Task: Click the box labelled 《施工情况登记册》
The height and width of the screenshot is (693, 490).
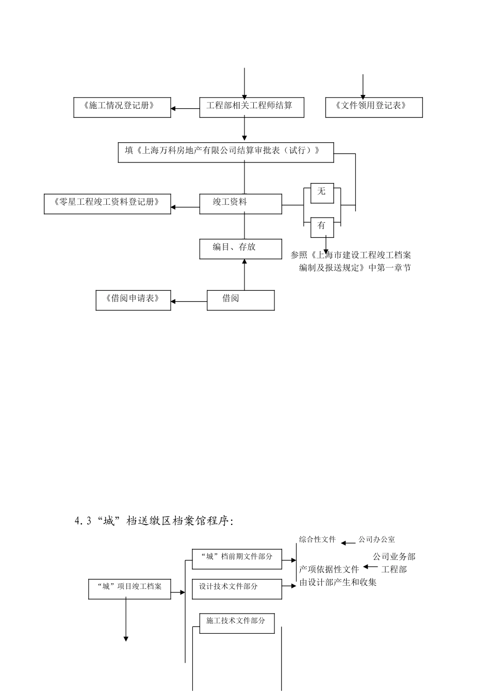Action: coord(122,107)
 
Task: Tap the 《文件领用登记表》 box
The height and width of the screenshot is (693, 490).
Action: coord(374,107)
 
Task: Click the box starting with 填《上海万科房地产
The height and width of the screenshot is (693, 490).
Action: coord(225,152)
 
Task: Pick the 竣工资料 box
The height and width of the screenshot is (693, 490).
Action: coord(241,204)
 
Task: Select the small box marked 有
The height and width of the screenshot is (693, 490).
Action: coord(322,226)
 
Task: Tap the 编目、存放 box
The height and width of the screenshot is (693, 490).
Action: coord(241,249)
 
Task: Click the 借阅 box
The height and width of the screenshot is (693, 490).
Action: coord(241,300)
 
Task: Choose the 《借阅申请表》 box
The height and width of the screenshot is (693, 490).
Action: coord(133,300)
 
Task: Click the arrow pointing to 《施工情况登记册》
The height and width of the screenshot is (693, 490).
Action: coord(185,108)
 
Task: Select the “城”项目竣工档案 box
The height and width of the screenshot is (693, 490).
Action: coord(130,588)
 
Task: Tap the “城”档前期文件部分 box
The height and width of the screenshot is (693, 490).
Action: coord(237,558)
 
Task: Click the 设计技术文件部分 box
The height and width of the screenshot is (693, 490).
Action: coord(237,588)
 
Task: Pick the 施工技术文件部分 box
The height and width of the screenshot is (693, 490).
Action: coord(237,623)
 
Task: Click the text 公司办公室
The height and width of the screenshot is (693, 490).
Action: coord(377,539)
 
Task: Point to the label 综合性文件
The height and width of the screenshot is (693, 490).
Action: coord(317,539)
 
